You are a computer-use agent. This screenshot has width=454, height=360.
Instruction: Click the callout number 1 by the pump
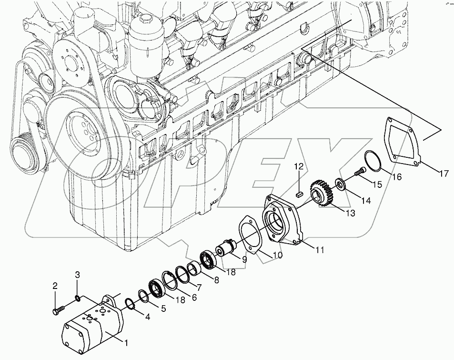[x=126, y=342]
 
